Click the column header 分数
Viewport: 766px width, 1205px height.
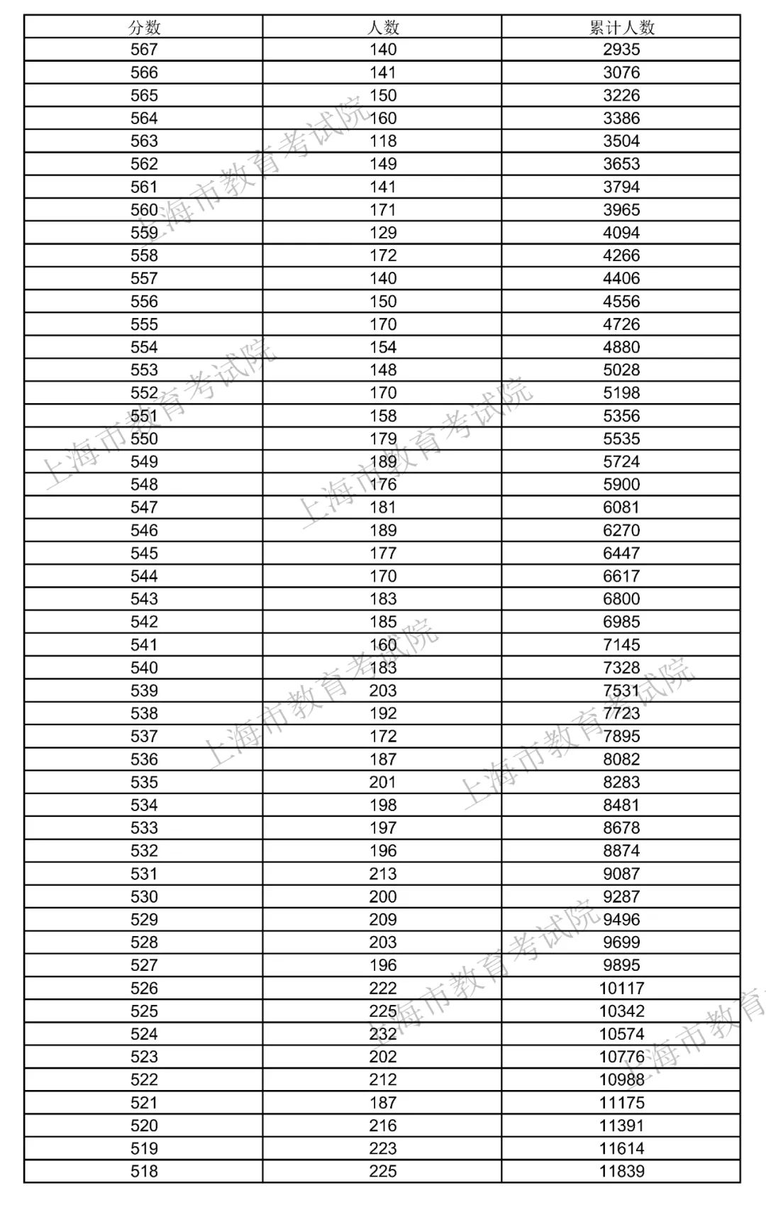(144, 27)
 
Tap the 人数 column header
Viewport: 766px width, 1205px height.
(383, 27)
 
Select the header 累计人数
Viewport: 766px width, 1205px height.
(621, 27)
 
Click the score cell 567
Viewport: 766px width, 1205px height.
(144, 50)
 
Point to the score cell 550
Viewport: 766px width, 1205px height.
(144, 439)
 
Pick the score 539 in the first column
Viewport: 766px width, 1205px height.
(144, 690)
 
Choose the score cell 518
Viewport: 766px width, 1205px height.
(144, 1171)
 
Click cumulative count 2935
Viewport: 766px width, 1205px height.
(621, 50)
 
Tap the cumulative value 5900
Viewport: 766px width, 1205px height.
(621, 485)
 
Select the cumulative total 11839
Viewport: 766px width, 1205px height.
(621, 1171)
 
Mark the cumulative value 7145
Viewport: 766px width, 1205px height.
(621, 644)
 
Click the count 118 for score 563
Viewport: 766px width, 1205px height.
(383, 141)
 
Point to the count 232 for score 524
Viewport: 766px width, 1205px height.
(383, 1034)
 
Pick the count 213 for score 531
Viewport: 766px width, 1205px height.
(383, 874)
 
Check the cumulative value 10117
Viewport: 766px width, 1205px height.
(621, 988)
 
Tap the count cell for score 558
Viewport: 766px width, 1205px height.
(383, 255)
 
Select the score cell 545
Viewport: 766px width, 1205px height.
(144, 553)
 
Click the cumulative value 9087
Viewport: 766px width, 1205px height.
(621, 874)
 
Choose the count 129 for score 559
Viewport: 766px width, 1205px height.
(383, 233)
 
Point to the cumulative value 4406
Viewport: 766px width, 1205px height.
(621, 278)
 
